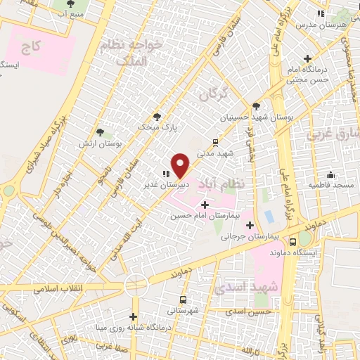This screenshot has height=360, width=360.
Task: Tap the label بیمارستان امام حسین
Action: click(205, 215)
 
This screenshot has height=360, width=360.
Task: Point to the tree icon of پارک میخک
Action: click(157, 117)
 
